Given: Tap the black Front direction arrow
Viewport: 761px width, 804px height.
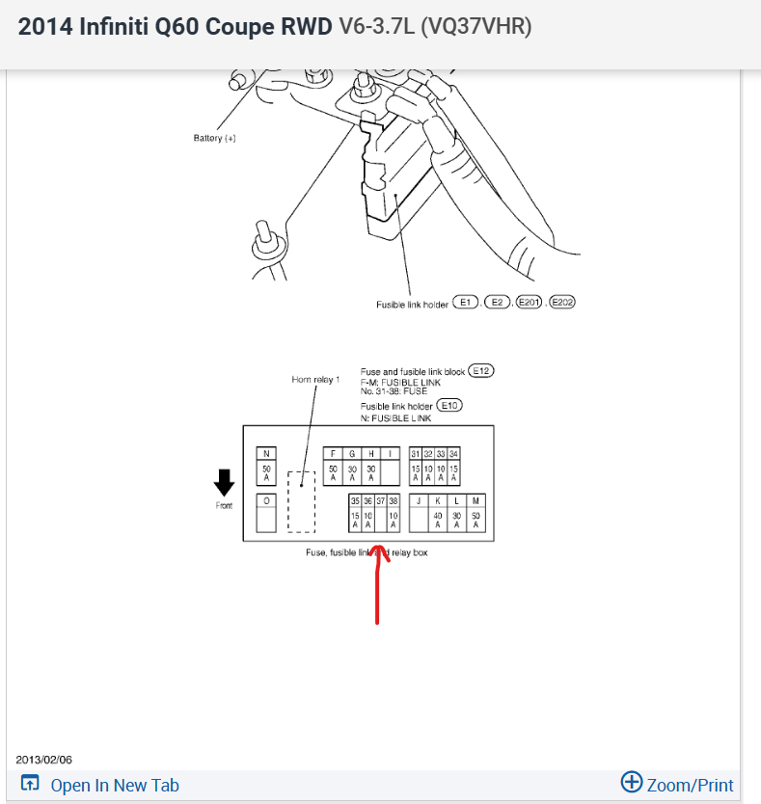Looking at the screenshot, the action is point(224,481).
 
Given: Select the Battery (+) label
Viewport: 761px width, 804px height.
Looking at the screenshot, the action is point(215,138).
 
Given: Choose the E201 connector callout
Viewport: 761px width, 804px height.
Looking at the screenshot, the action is point(529,303).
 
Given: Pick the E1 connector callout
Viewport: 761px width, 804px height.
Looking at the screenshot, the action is point(466,303).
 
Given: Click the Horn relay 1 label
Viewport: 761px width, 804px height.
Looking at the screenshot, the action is point(315,380).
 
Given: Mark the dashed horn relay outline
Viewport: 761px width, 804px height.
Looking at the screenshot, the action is point(302,501).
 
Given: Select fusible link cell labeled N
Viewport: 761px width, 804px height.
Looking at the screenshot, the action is point(266,454).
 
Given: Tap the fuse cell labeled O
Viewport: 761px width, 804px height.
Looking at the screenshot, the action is point(266,501).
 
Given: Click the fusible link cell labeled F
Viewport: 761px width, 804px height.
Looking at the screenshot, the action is point(333,453).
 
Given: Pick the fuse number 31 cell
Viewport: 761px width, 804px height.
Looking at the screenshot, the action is point(416,453).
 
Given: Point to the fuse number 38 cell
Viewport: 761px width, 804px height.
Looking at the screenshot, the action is point(394,501).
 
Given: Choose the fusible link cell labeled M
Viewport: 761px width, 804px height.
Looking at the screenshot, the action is point(476,501).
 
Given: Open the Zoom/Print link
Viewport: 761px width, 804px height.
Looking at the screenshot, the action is point(677,784).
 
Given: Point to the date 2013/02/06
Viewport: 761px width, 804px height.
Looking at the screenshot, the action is point(44,760).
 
